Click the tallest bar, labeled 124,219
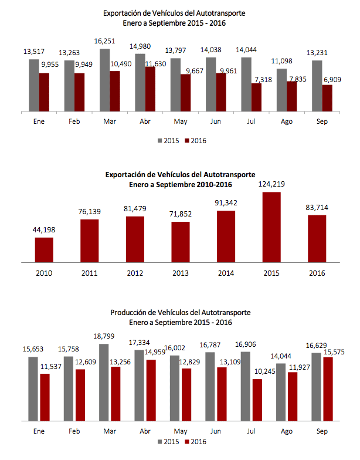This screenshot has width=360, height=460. [271, 226]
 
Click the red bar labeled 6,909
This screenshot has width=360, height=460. [327, 97]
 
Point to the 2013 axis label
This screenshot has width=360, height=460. [181, 273]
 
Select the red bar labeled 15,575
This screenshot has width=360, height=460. [327, 389]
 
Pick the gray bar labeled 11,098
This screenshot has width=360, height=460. [282, 89]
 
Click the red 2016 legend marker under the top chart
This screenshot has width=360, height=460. [188, 141]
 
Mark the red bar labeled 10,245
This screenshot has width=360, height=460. [256, 400]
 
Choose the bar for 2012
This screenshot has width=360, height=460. [135, 239]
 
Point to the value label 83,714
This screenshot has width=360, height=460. [317, 207]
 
